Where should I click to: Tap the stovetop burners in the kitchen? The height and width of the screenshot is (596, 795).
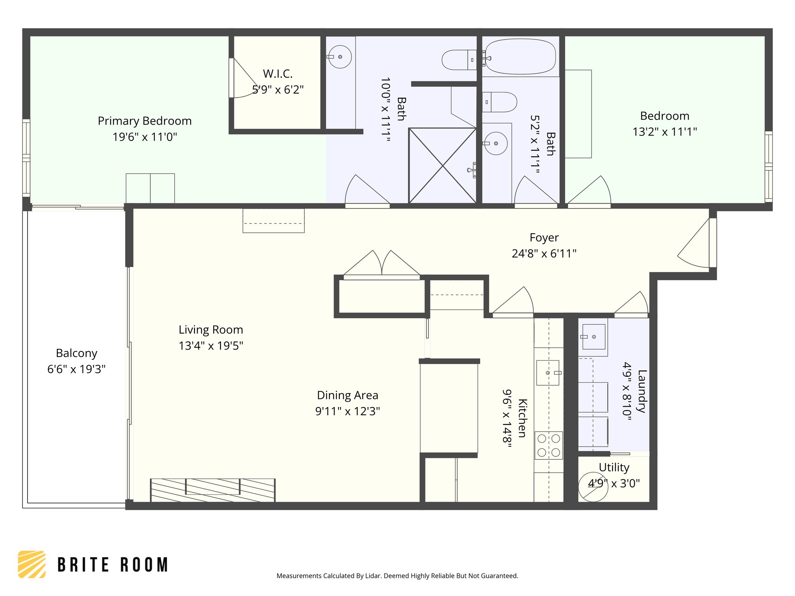(549, 445)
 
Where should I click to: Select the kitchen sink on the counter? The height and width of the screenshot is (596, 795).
(547, 372)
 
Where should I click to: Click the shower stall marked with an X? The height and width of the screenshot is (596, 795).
(443, 166)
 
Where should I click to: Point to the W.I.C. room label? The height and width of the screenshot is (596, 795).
(278, 74)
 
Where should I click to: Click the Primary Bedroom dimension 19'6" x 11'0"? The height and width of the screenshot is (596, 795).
(145, 137)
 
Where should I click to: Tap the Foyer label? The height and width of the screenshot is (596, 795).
(544, 237)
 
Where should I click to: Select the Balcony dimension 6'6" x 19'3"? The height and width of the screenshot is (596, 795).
(76, 369)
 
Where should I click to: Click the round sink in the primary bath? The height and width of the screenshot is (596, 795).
(340, 57)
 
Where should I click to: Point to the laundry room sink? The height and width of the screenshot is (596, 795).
(594, 337)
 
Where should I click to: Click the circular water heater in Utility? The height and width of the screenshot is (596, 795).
(593, 487)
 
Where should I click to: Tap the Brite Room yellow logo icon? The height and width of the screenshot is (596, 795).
(32, 564)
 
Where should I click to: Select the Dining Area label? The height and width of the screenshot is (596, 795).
(347, 395)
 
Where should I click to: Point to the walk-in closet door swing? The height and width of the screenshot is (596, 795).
(243, 80)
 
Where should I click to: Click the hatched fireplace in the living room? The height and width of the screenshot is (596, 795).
(213, 490)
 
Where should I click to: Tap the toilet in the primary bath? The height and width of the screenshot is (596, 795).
(458, 60)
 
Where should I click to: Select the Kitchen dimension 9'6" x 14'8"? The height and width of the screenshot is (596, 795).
(507, 418)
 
